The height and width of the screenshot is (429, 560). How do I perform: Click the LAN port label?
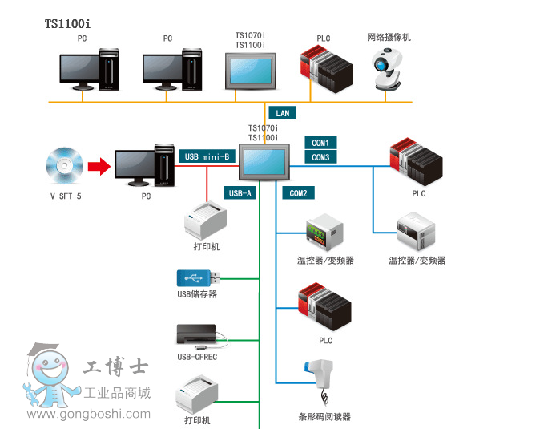tap(283, 114)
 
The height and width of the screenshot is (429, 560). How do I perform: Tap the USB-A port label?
tap(240, 192)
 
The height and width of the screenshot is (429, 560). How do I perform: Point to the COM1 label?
tap(320, 142)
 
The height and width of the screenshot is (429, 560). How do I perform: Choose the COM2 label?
tap(298, 192)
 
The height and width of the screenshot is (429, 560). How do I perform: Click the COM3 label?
tap(320, 157)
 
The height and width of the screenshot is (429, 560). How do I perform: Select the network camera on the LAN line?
tap(389, 69)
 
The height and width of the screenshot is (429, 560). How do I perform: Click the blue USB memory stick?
tap(194, 278)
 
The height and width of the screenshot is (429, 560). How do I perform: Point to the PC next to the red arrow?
tap(144, 165)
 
